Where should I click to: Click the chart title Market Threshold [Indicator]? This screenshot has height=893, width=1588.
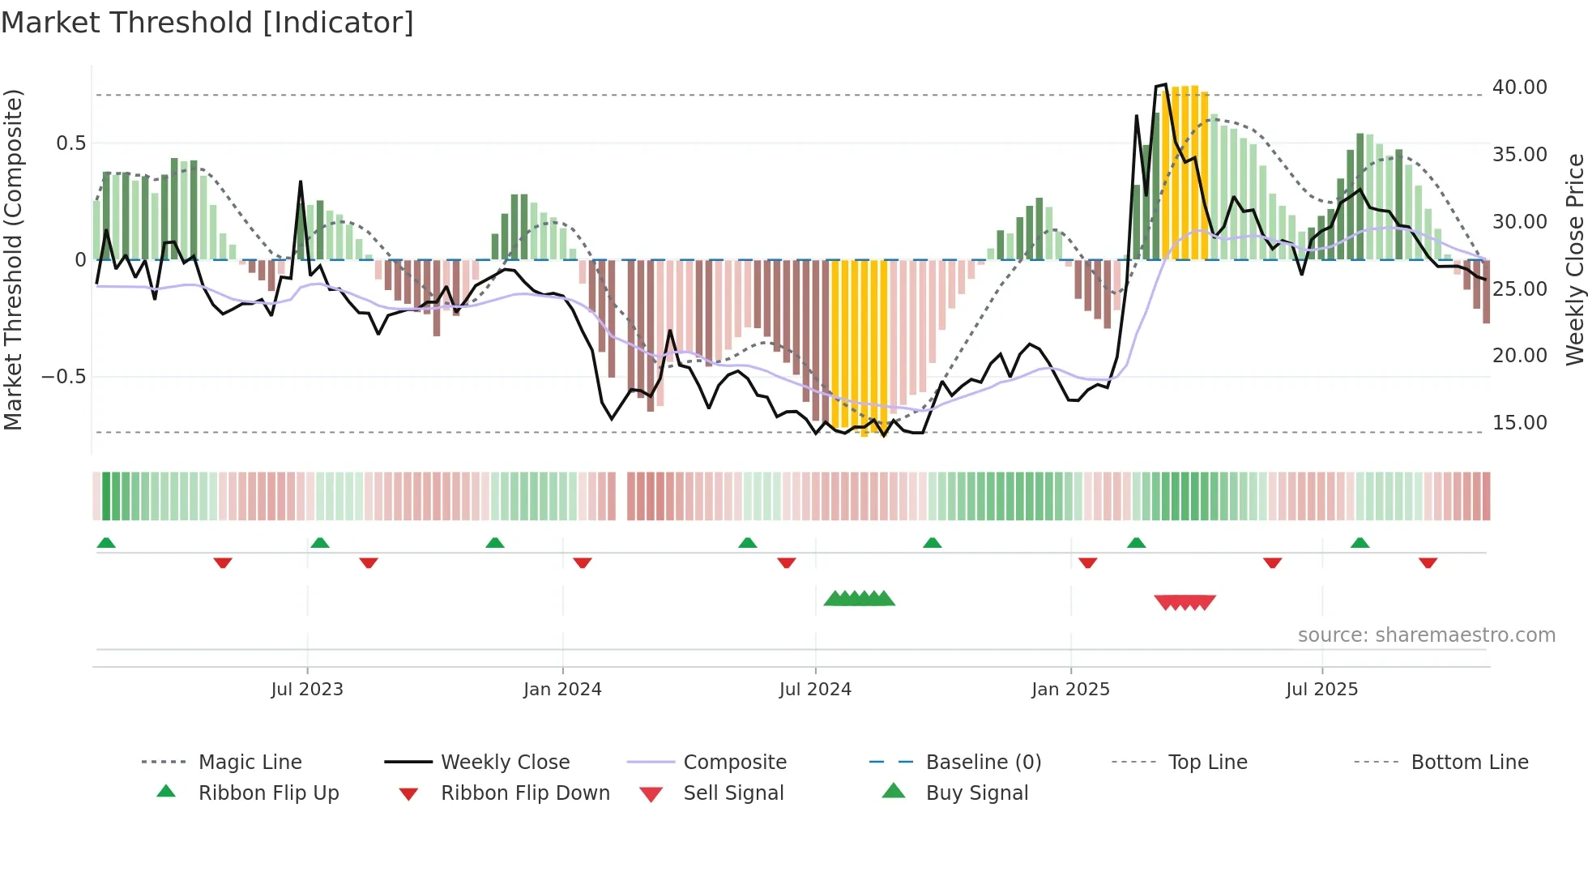[x=207, y=23]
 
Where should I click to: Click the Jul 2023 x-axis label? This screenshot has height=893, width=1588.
[x=307, y=690]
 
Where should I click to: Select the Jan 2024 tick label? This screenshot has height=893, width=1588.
[x=562, y=690]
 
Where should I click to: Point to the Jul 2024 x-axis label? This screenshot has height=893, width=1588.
[x=815, y=690]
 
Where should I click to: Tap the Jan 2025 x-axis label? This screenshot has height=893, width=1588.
[x=1070, y=690]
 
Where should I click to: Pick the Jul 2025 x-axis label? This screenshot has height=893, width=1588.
[x=1321, y=690]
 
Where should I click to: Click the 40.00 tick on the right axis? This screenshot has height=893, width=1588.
[x=1519, y=88]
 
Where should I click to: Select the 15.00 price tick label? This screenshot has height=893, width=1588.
[x=1519, y=423]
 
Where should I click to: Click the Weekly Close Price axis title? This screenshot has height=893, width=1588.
[x=1574, y=259]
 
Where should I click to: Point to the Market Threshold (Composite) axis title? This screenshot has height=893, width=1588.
[x=13, y=259]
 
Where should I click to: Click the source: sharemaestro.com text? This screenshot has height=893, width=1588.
[x=1426, y=635]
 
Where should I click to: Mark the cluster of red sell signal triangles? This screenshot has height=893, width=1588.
[x=1185, y=602]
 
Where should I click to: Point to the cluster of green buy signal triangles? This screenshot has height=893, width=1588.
[x=859, y=599]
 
